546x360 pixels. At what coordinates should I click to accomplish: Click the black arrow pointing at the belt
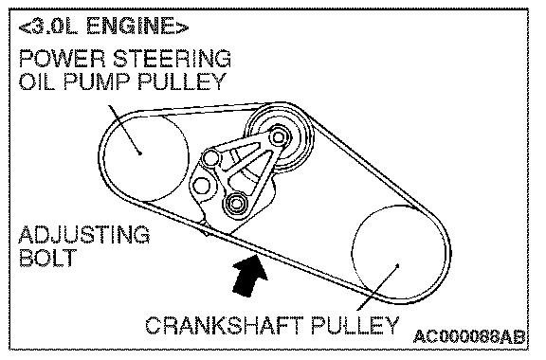tap(248, 276)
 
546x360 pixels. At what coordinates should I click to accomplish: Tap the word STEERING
tap(172, 59)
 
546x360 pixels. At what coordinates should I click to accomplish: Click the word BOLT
tap(47, 258)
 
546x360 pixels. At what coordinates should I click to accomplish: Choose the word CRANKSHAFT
tap(225, 326)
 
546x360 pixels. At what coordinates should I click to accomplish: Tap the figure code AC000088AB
tap(469, 336)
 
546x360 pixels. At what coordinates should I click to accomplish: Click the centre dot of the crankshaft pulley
tap(398, 265)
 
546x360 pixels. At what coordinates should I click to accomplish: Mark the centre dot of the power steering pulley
tap(139, 153)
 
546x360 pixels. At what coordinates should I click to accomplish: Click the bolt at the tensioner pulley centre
tap(278, 136)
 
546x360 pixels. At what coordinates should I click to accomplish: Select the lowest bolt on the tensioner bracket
tap(235, 203)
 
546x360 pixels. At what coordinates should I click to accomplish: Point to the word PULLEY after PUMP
tap(181, 81)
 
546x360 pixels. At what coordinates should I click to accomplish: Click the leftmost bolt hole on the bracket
tap(201, 186)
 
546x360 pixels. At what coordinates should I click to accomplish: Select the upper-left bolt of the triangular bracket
tap(210, 158)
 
